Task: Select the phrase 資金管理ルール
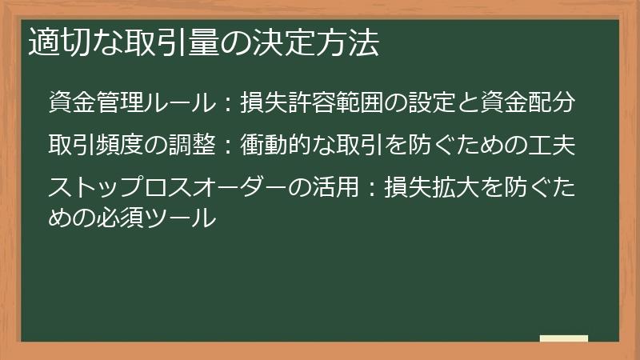click(x=132, y=103)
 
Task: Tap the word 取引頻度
click(x=90, y=146)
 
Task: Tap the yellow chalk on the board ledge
click(x=564, y=338)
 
